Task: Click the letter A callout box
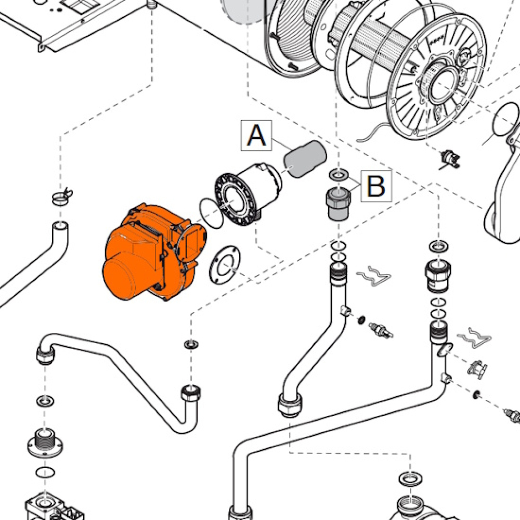coord(256,136)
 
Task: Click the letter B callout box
coord(376,186)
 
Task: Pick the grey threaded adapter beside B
coord(337,204)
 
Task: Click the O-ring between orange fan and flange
coord(211,213)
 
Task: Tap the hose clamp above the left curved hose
coord(62,197)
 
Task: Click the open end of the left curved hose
coord(61,226)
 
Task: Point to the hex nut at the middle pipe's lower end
coord(289,405)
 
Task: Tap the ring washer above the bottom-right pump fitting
coord(411,478)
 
